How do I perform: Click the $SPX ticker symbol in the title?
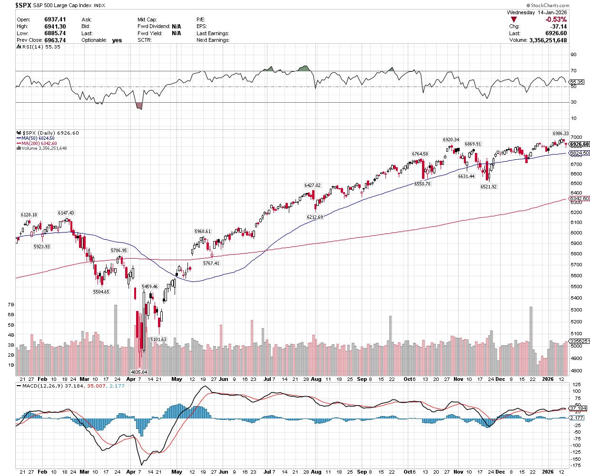23,5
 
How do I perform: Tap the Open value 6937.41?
55,19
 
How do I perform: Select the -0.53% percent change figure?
556,19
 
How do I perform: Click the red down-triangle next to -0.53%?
513,19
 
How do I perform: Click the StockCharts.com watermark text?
550,6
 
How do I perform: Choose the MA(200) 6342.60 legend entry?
36,143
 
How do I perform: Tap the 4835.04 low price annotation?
139,372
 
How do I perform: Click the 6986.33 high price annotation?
560,133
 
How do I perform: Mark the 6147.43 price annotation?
66,213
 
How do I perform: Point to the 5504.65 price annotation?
101,291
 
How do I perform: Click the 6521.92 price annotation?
488,187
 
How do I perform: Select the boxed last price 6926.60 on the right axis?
579,144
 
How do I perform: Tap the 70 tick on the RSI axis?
573,71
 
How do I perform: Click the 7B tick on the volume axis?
11,304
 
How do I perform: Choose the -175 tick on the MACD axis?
576,466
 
